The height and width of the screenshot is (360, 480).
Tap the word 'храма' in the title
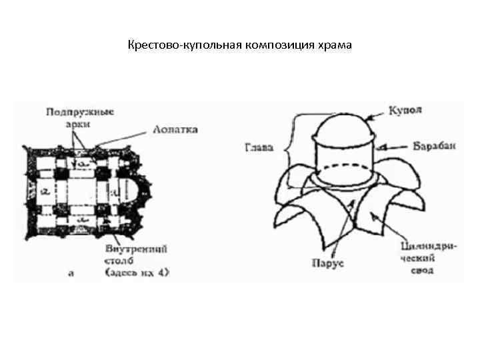click(336, 46)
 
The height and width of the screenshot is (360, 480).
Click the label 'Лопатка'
click(175, 129)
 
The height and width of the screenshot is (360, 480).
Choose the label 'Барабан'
click(434, 147)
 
